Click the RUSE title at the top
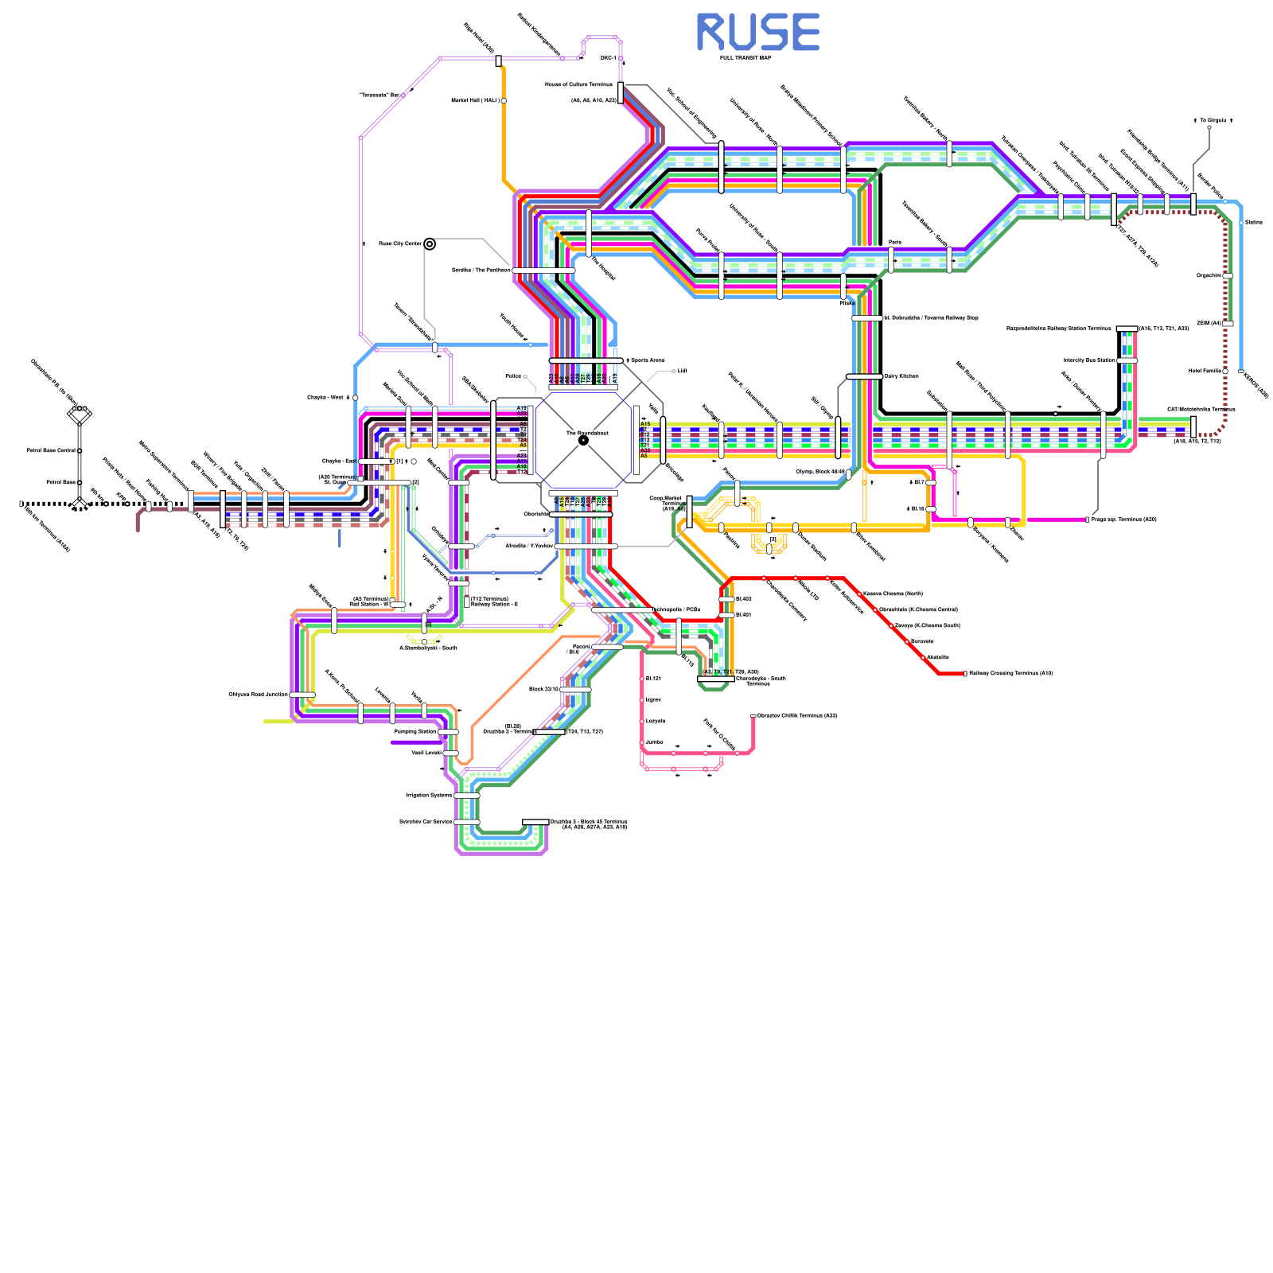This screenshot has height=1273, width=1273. click(757, 33)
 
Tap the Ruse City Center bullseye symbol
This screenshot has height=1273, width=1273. click(430, 244)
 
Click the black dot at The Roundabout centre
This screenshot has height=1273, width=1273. click(583, 440)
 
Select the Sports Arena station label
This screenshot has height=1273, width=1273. click(648, 360)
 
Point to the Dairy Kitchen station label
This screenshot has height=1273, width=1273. click(901, 376)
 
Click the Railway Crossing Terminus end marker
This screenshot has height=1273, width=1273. click(965, 674)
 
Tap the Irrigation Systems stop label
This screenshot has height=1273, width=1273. click(429, 795)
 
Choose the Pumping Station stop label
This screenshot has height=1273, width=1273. click(415, 731)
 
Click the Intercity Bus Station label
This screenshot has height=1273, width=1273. click(1089, 360)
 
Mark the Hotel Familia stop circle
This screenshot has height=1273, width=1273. click(1225, 371)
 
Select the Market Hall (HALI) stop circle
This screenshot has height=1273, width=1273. click(504, 101)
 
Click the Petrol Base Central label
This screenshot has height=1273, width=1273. click(51, 450)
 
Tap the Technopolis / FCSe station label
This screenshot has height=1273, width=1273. click(677, 609)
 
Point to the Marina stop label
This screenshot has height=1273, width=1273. click(1253, 223)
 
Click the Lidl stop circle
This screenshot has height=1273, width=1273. click(674, 372)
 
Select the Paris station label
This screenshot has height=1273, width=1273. click(895, 242)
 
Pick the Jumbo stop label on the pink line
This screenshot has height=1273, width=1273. click(654, 742)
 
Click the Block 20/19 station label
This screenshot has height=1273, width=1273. click(543, 689)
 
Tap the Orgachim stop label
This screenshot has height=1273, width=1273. click(1209, 276)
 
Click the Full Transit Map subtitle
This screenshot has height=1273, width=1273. click(746, 58)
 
